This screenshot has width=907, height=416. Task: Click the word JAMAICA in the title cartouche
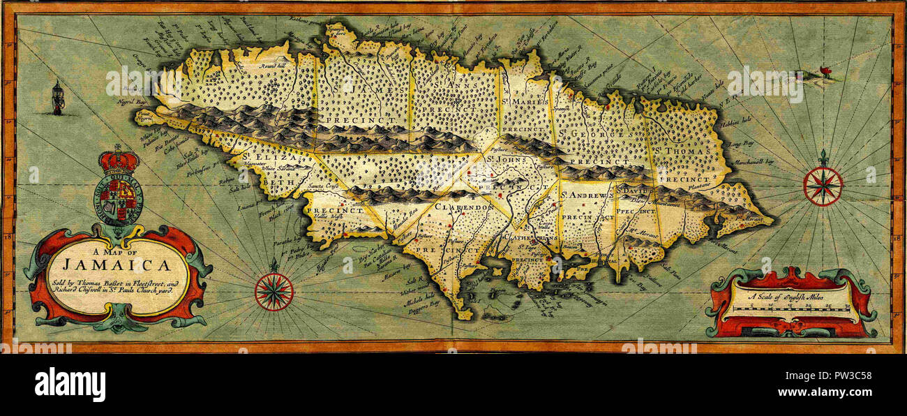click(117, 265)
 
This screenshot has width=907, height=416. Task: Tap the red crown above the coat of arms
click(119, 161)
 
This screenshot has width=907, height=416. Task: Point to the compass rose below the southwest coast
click(273, 291)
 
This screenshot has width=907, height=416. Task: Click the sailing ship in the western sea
click(58, 98)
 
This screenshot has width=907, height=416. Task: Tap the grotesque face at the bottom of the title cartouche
click(118, 323)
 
